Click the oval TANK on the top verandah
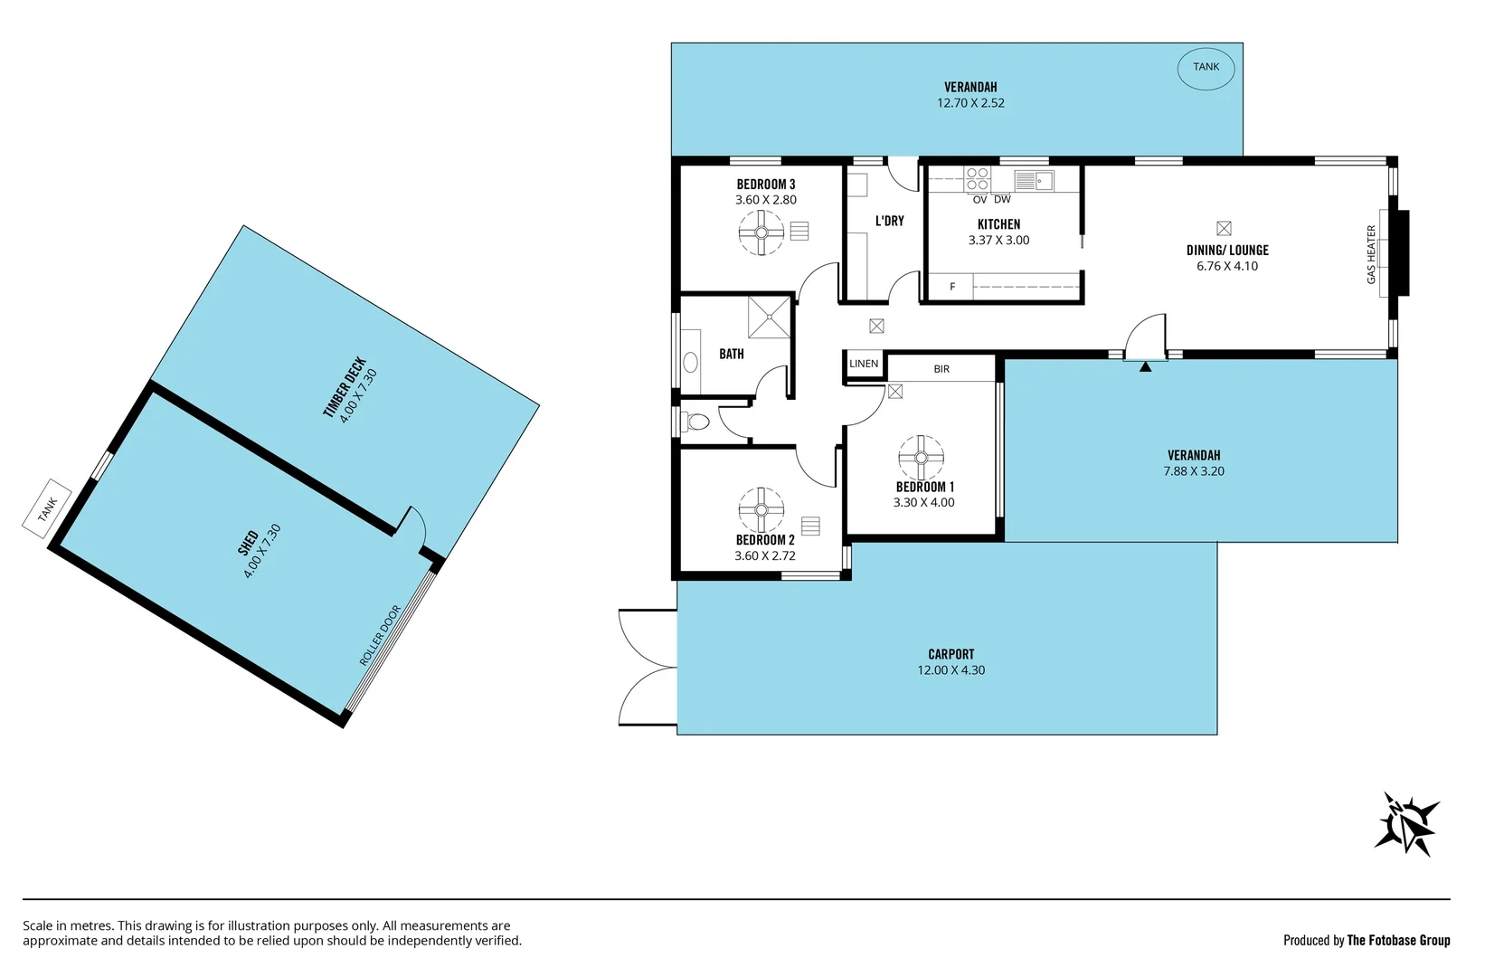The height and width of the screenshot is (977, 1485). (1206, 67)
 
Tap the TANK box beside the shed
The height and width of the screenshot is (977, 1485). (47, 508)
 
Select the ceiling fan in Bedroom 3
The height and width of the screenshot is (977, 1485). (761, 233)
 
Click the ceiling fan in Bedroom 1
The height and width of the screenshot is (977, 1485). (921, 458)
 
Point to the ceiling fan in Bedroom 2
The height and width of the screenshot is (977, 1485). (761, 510)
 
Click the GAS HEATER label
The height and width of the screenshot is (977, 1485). (1371, 255)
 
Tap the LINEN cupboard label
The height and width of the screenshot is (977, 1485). (864, 364)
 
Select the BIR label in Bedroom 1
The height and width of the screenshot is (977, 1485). (941, 369)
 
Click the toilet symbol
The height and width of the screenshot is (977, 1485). (697, 422)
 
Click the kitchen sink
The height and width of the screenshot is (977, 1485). (1032, 181)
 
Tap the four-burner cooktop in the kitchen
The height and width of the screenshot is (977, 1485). (977, 179)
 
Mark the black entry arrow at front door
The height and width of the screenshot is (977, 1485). (1145, 366)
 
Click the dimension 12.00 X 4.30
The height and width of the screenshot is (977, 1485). (951, 670)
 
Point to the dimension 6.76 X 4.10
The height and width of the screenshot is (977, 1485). (1227, 266)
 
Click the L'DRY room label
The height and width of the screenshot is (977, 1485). (889, 221)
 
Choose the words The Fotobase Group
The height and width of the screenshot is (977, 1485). (1398, 941)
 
